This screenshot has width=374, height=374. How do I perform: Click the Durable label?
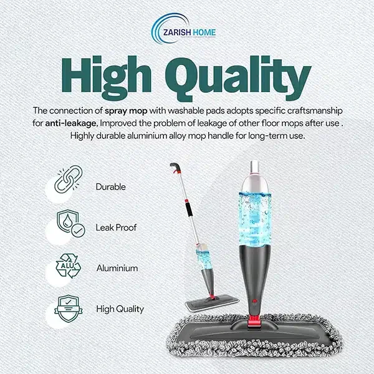point(111,186)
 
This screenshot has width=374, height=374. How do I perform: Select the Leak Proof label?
point(117,228)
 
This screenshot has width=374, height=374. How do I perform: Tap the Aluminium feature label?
point(117,268)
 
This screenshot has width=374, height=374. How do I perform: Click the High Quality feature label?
point(120,309)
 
